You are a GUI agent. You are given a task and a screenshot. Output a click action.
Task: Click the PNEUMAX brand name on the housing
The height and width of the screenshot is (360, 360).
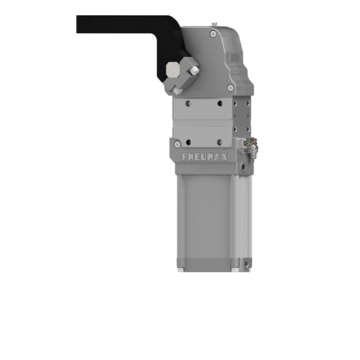point(204,157)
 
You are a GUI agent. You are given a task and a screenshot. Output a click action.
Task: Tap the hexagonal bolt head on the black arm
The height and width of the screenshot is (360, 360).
point(173,69)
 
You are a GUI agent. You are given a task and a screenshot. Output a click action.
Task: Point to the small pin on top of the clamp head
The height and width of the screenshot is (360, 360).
point(214,24)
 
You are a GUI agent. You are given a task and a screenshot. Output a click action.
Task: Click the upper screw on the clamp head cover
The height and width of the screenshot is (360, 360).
point(213,34)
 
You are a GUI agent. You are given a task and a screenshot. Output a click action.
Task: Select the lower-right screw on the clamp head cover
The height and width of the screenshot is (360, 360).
point(230,88)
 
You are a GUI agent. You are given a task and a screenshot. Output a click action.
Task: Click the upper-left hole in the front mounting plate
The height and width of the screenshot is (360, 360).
point(189,104)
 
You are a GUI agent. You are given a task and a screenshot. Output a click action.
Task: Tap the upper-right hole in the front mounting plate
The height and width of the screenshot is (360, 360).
point(220,104)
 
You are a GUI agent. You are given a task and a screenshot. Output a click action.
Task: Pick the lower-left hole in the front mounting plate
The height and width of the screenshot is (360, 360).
point(189,143)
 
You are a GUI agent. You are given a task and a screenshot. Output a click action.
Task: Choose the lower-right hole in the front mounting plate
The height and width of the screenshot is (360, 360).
point(220,143)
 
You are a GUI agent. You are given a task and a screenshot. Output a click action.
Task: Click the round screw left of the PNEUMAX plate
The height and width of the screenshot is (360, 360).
point(177,144)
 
